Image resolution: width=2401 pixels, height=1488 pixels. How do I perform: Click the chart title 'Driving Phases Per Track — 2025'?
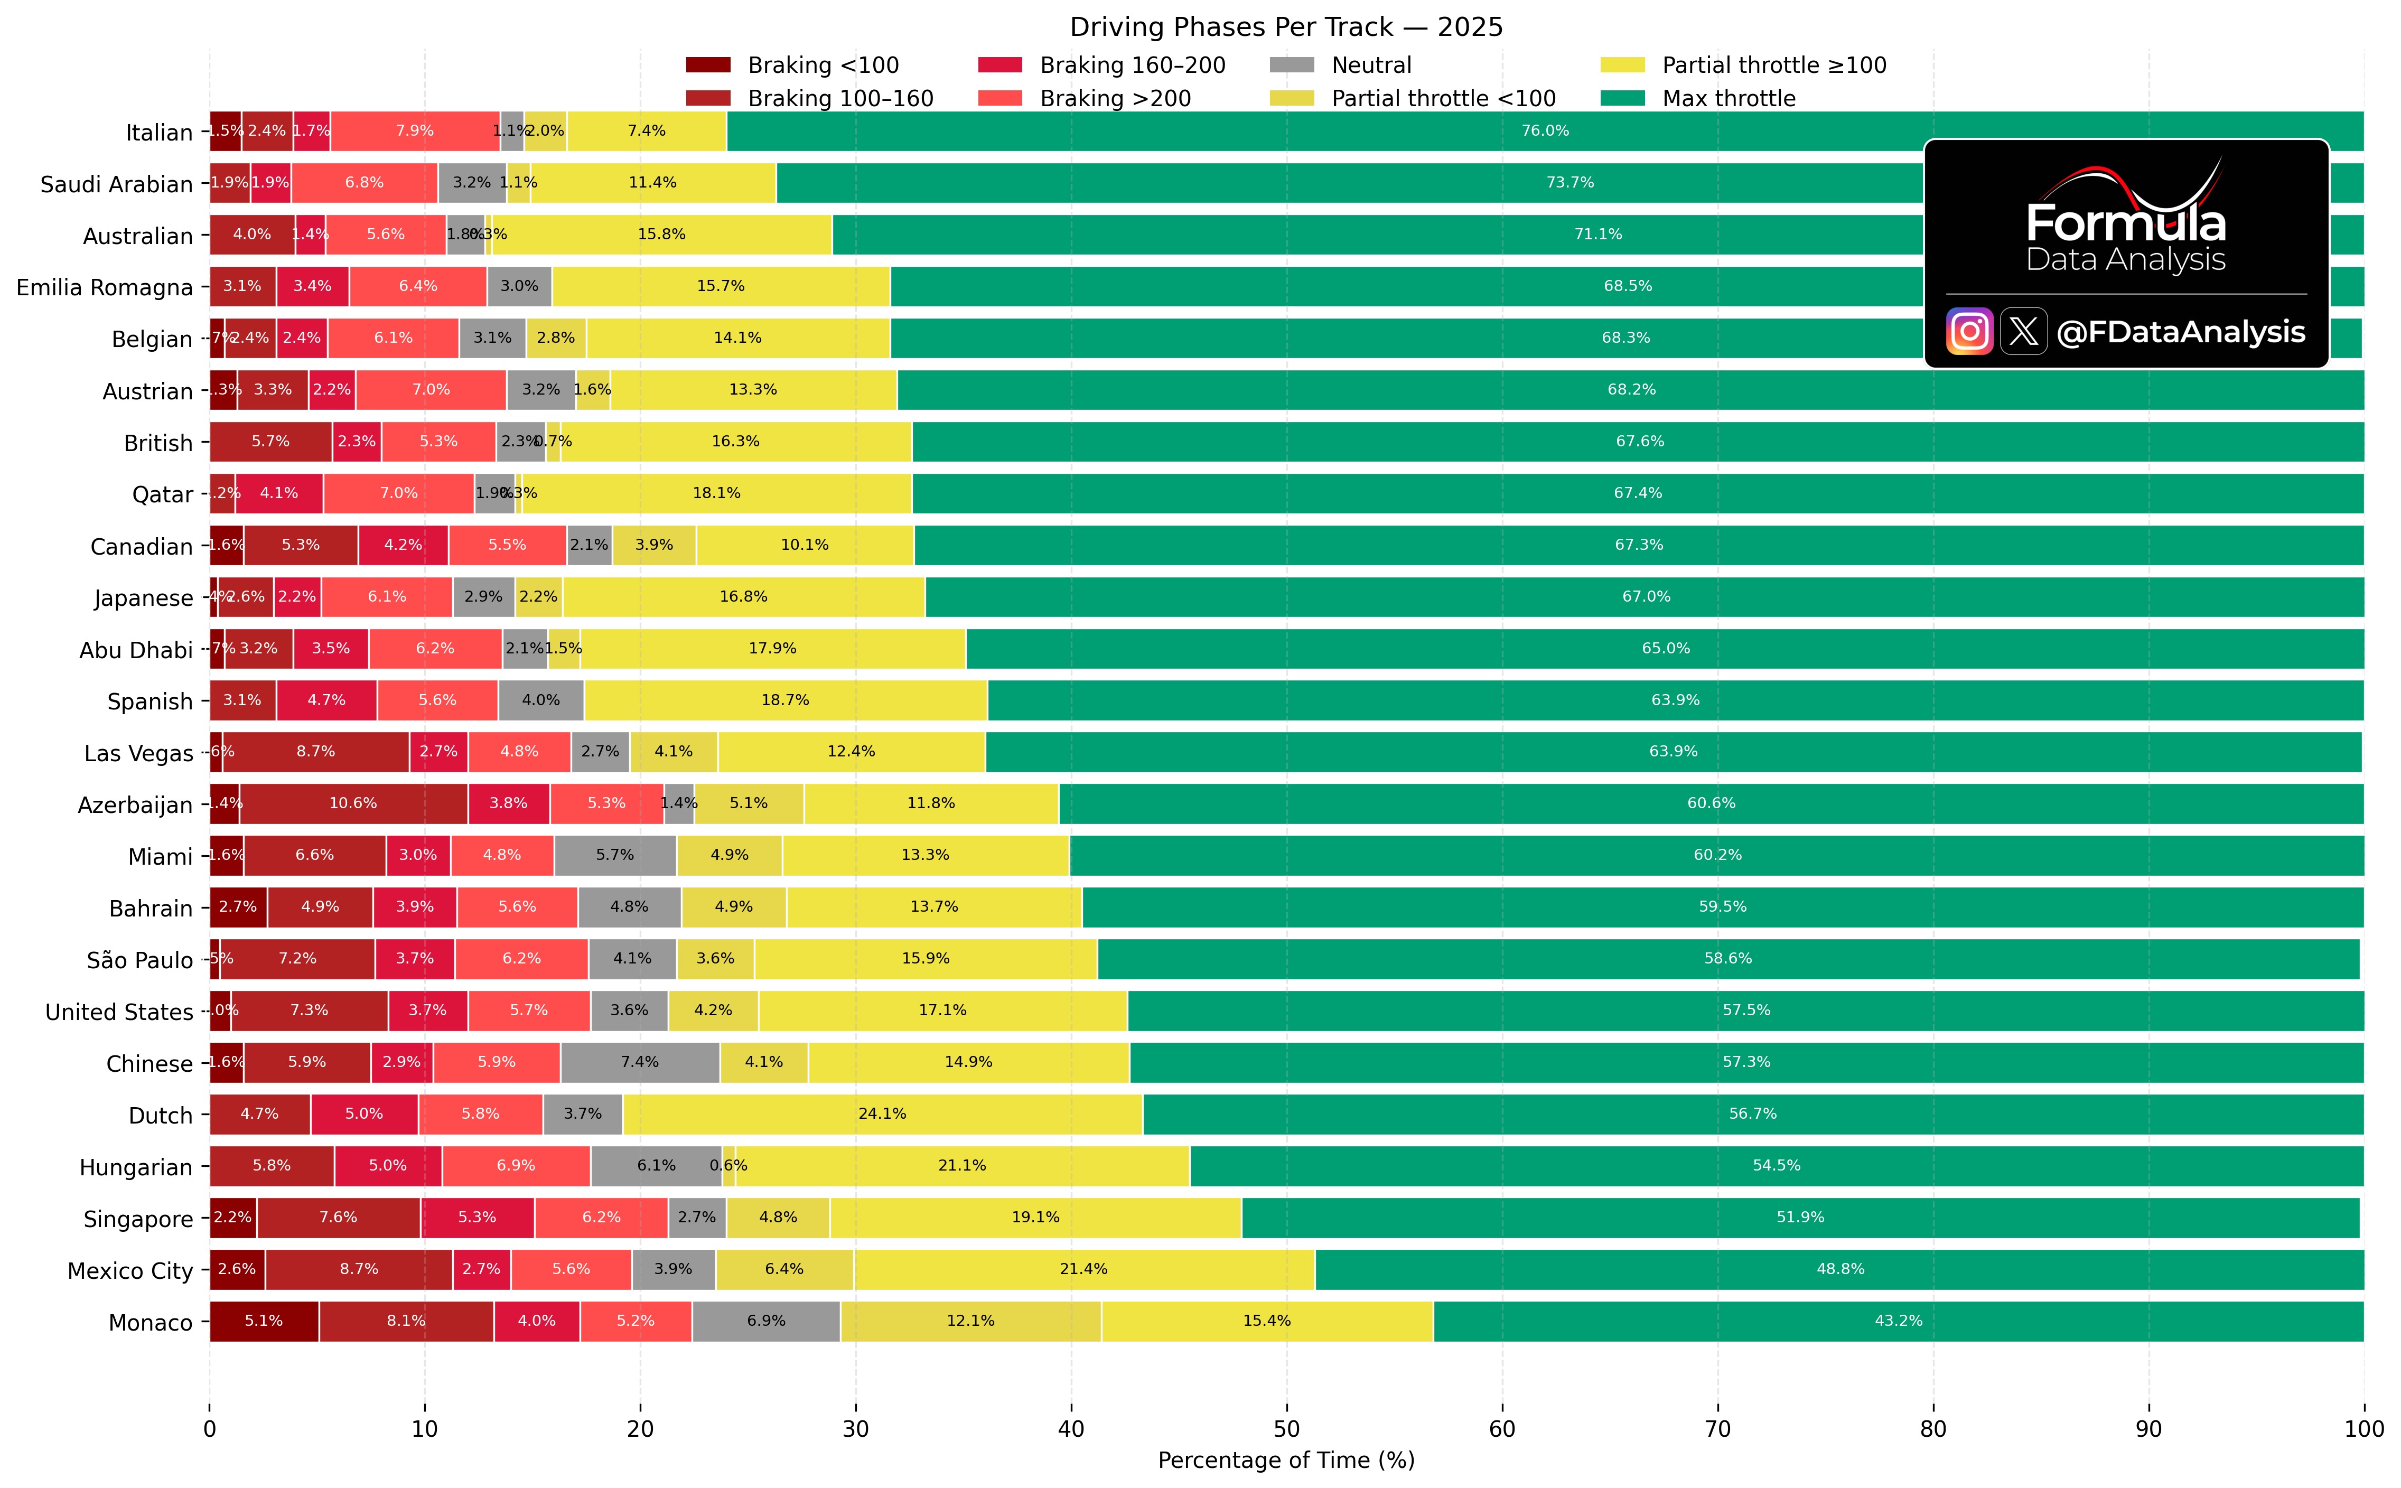click(1286, 26)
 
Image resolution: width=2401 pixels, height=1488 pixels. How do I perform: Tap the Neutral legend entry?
click(1371, 65)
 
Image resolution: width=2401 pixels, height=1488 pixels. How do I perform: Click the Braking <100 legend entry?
click(823, 65)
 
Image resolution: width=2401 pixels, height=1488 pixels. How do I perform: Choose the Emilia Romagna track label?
click(104, 287)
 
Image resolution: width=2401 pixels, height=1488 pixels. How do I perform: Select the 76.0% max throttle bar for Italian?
click(1545, 131)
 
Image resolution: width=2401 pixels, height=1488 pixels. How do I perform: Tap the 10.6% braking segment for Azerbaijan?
click(353, 803)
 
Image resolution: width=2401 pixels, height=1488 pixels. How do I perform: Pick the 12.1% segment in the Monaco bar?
click(970, 1321)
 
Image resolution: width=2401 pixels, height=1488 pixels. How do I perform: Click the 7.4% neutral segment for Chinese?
click(640, 1062)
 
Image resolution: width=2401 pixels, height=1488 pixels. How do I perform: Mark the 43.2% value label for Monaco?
click(1898, 1321)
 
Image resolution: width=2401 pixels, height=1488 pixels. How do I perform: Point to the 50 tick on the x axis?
click(1286, 1429)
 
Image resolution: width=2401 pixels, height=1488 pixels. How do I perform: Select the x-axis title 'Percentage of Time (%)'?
click(1286, 1461)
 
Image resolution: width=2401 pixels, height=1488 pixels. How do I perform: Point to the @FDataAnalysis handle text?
click(2181, 332)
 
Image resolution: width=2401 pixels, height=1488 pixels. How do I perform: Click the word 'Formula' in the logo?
click(2125, 223)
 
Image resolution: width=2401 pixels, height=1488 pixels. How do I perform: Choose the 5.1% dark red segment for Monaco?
click(264, 1321)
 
